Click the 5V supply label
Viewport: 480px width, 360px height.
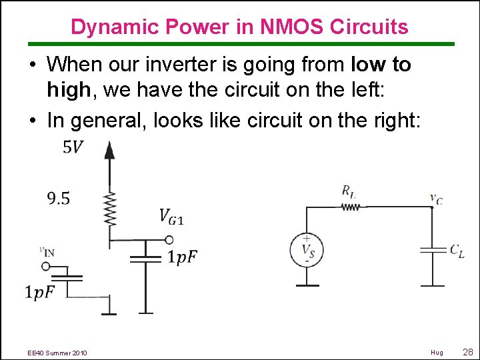coord(73,147)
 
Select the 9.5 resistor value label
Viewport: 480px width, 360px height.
coord(59,198)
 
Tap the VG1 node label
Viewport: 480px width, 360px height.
coord(172,215)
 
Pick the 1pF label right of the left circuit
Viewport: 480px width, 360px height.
coord(182,257)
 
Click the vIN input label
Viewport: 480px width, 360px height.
coord(47,251)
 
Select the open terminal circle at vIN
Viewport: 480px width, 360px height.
coord(45,266)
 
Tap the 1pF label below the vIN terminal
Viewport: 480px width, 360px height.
coord(40,291)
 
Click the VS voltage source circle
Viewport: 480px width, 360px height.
coord(307,250)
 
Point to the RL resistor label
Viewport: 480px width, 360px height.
coord(349,192)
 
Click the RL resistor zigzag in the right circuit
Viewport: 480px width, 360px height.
coord(350,207)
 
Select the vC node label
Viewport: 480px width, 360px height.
coord(435,197)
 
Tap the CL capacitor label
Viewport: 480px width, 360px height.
coord(457,251)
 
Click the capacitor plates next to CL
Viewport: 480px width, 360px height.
coord(433,250)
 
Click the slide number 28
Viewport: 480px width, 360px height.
coord(467,351)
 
